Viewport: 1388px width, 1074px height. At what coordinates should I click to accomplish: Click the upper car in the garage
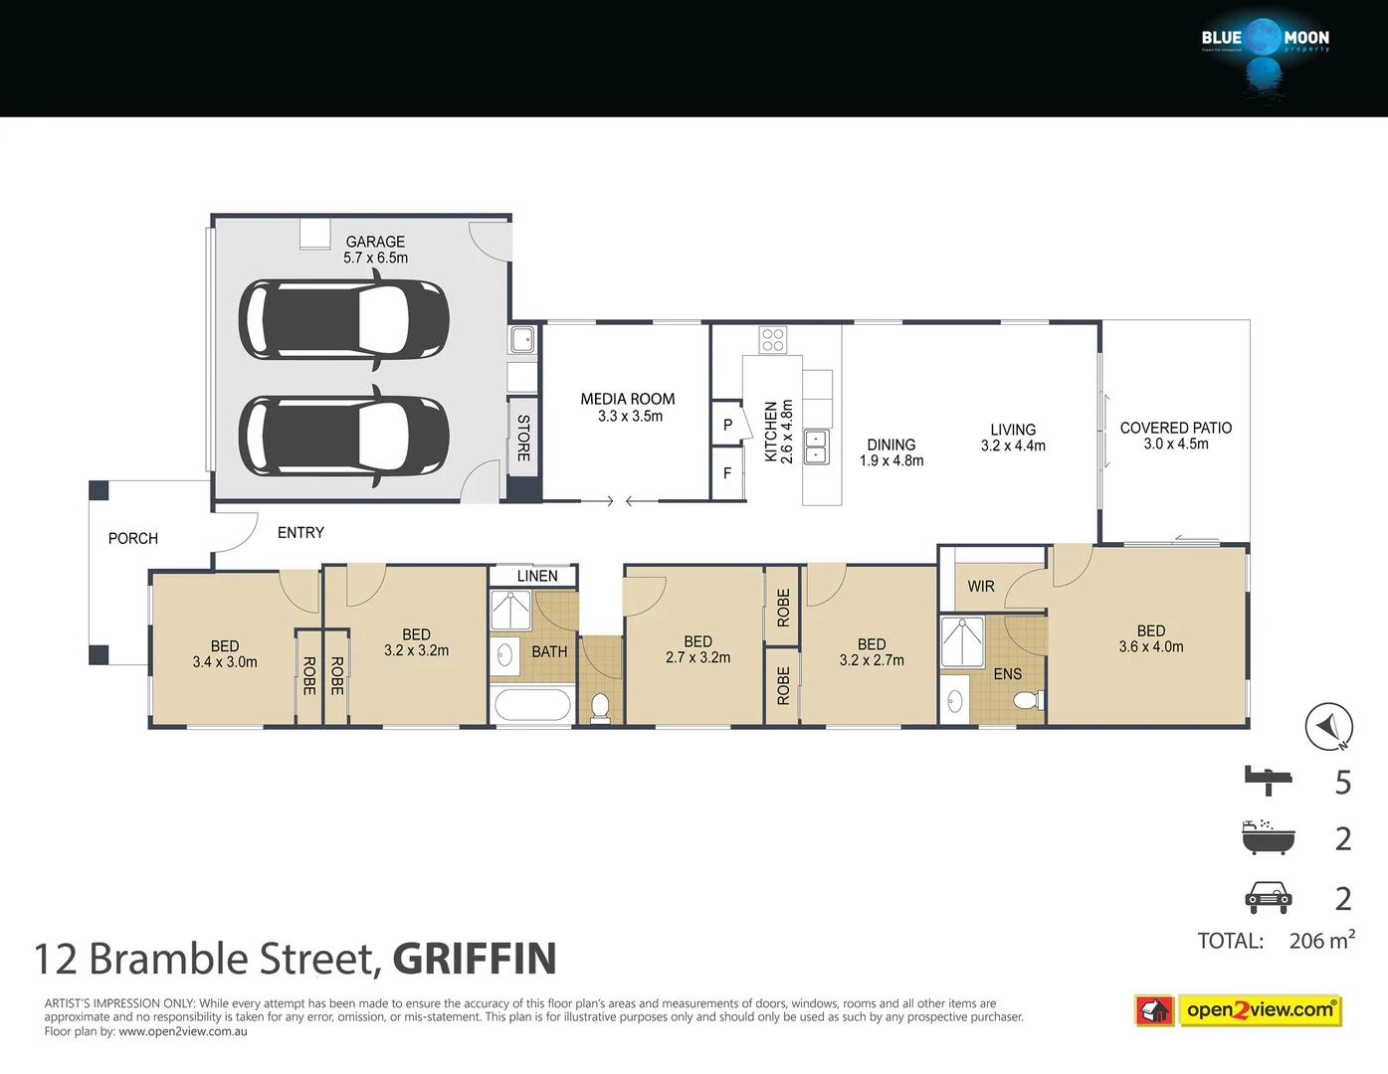pos(343,320)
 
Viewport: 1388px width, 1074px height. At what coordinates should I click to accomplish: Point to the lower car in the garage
pos(343,436)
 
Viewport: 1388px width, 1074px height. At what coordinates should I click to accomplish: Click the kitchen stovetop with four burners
pos(773,340)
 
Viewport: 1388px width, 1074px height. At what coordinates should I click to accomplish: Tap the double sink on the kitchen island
pos(816,447)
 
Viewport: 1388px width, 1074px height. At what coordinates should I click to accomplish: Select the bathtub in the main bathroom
pos(532,705)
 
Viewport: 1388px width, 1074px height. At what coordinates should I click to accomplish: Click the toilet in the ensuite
pos(1026,700)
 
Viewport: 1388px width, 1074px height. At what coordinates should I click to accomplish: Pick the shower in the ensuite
pos(962,641)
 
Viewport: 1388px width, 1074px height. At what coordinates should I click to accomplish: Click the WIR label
pos(981,587)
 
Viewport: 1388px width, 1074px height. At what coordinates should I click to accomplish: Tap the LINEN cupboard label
pos(536,577)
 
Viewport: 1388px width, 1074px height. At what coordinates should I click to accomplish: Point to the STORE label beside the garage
pos(523,439)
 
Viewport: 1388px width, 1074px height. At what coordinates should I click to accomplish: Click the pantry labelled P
pos(727,426)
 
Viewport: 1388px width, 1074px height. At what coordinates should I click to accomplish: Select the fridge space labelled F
pos(727,473)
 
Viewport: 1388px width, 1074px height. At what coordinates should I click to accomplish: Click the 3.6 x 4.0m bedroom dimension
pos(1151,647)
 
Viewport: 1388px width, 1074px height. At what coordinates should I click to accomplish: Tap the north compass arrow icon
pos(1328,727)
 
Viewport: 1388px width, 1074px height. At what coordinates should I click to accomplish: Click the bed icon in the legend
pos(1268,780)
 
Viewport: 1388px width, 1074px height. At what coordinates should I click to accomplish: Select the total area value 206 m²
pos(1321,941)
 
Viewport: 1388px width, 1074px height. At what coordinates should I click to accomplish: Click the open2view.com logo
pos(1260,1010)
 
